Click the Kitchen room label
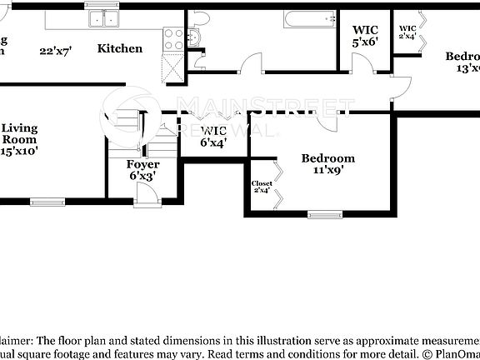tap(120, 48)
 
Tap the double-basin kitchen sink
tap(104, 18)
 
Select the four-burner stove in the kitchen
tap(173, 38)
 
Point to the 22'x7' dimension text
tap(56, 50)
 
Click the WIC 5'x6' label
tap(365, 36)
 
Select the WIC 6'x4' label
tap(214, 137)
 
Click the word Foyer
tap(142, 165)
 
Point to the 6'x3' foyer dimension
tap(142, 177)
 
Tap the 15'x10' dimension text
tap(18, 152)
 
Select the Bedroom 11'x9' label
tap(327, 163)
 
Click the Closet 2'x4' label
tap(262, 187)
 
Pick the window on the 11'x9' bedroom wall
tap(324, 214)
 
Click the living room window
tap(47, 201)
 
